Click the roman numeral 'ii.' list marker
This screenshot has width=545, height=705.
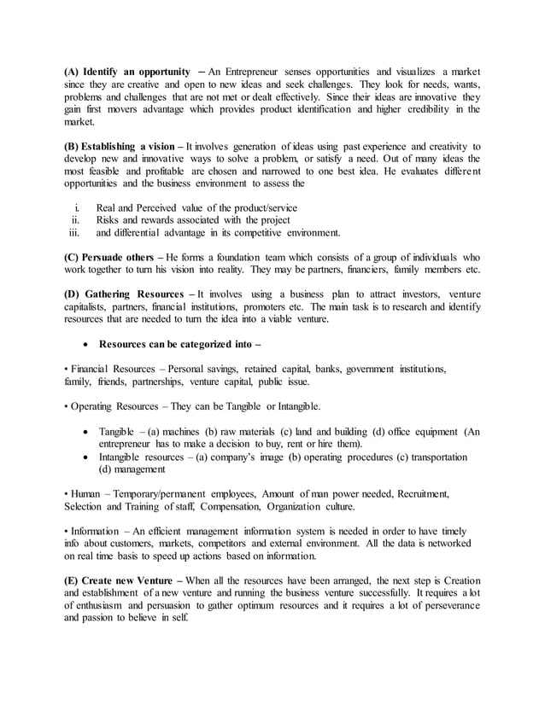(x=75, y=218)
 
